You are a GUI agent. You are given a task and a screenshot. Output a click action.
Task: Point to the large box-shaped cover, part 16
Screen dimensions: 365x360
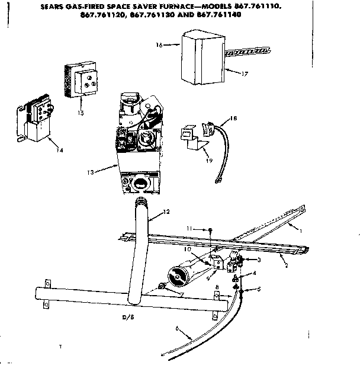pyautogui.click(x=201, y=59)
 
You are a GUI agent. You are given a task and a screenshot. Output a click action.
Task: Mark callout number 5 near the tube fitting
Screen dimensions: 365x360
pyautogui.click(x=259, y=290)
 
